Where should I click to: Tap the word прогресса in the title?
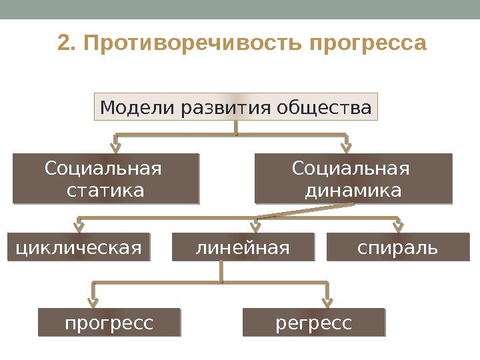(368, 44)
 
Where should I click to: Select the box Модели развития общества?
(236, 107)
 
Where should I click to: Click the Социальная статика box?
(105, 179)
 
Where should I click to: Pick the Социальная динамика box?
(353, 179)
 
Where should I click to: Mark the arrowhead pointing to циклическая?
(79, 224)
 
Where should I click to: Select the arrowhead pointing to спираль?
(399, 224)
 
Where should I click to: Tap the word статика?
(105, 191)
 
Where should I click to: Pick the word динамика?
(353, 191)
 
